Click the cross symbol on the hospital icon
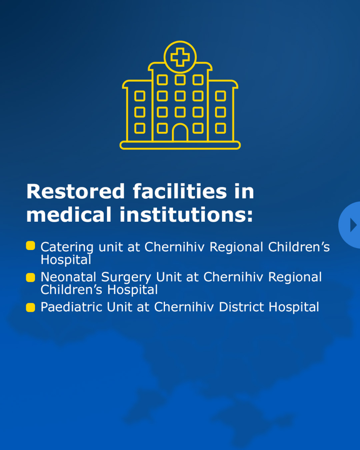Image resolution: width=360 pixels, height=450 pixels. tap(180, 57)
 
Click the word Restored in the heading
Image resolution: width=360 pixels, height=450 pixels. tap(76, 191)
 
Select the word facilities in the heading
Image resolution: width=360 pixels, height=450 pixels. tap(180, 191)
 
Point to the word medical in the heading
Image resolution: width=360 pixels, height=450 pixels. tap(69, 215)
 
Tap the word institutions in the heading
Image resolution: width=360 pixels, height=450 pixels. tap(186, 215)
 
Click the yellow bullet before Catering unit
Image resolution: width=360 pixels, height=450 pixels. tap(30, 246)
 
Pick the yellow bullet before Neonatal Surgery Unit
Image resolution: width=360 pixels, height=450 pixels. tap(30, 277)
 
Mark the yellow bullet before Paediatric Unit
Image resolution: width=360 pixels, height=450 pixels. tap(30, 307)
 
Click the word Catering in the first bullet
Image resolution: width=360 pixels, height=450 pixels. tap(67, 247)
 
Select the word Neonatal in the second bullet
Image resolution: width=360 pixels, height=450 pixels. tap(68, 277)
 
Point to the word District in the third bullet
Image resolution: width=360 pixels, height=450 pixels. tap(241, 307)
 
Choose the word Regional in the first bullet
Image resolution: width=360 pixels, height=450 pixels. tap(236, 247)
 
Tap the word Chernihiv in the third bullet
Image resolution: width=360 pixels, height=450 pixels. tap(184, 307)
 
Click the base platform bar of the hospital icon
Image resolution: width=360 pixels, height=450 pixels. tap(180, 145)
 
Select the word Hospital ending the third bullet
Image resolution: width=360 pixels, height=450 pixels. tap(294, 307)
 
